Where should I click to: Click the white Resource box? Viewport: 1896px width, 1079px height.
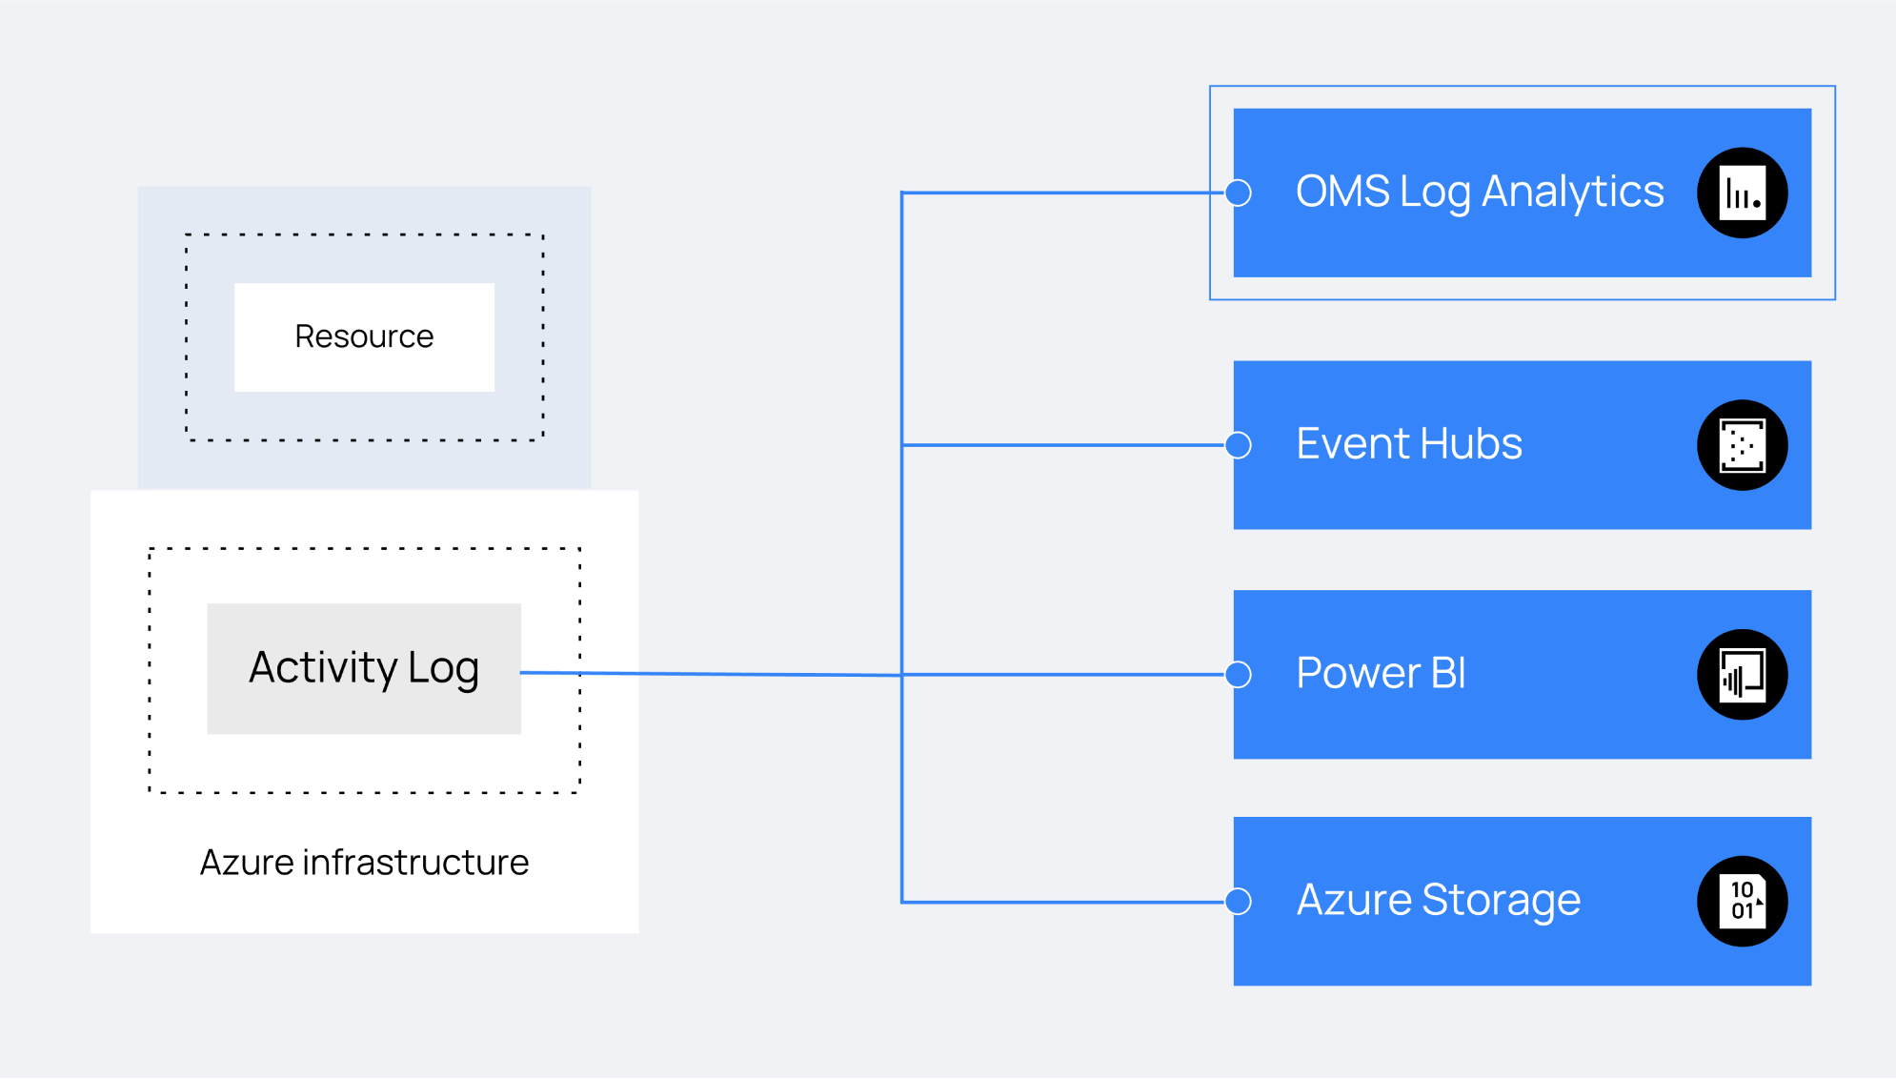point(364,336)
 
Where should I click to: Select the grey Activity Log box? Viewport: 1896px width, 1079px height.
point(364,668)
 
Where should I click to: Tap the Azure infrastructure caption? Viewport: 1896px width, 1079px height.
point(364,863)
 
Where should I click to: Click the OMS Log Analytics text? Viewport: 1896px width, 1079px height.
point(1480,193)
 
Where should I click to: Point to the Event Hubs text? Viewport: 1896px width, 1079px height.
point(1409,444)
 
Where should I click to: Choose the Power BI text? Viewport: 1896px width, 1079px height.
point(1382,674)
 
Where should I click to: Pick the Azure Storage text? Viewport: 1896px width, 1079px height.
point(1439,901)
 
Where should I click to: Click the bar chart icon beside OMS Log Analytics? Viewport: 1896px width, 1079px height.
point(1743,193)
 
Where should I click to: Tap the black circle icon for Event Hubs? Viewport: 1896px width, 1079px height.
point(1743,445)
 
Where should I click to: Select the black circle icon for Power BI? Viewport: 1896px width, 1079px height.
point(1743,675)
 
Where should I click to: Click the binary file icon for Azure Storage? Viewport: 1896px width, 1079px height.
point(1743,901)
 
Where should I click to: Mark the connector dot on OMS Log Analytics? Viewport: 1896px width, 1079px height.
point(1239,193)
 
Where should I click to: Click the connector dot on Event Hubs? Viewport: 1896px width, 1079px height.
point(1239,445)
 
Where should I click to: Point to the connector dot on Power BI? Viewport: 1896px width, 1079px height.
point(1239,675)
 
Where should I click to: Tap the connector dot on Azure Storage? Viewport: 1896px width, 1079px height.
point(1239,901)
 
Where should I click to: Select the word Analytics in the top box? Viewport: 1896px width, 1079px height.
point(1573,193)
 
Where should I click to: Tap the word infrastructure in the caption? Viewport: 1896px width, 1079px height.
point(415,863)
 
